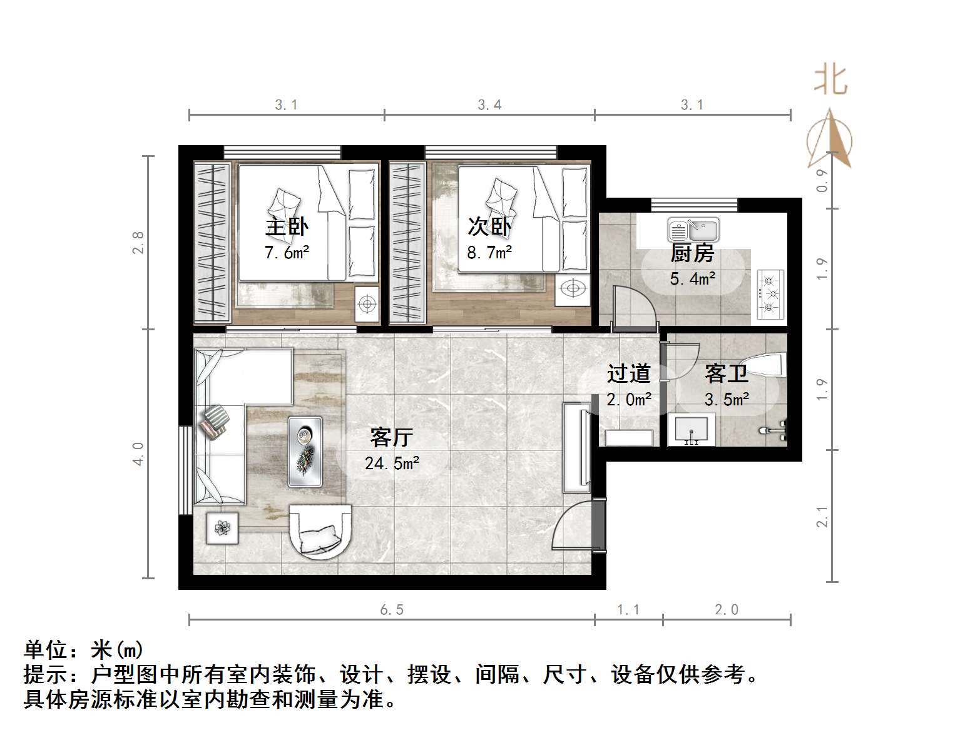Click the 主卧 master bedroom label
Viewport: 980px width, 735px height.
287,226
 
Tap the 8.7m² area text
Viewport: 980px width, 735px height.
489,253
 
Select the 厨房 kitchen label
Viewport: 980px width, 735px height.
692,253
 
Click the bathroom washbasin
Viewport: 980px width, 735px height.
692,430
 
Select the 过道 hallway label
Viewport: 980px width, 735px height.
629,373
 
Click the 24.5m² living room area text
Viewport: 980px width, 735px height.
392,464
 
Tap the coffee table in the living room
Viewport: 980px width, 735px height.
305,452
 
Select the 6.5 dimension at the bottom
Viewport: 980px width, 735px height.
392,610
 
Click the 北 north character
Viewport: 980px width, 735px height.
830,80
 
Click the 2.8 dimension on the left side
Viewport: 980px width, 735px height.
138,243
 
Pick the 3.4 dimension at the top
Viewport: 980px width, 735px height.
489,105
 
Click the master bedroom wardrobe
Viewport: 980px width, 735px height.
212,243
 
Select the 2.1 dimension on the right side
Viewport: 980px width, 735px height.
822,517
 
